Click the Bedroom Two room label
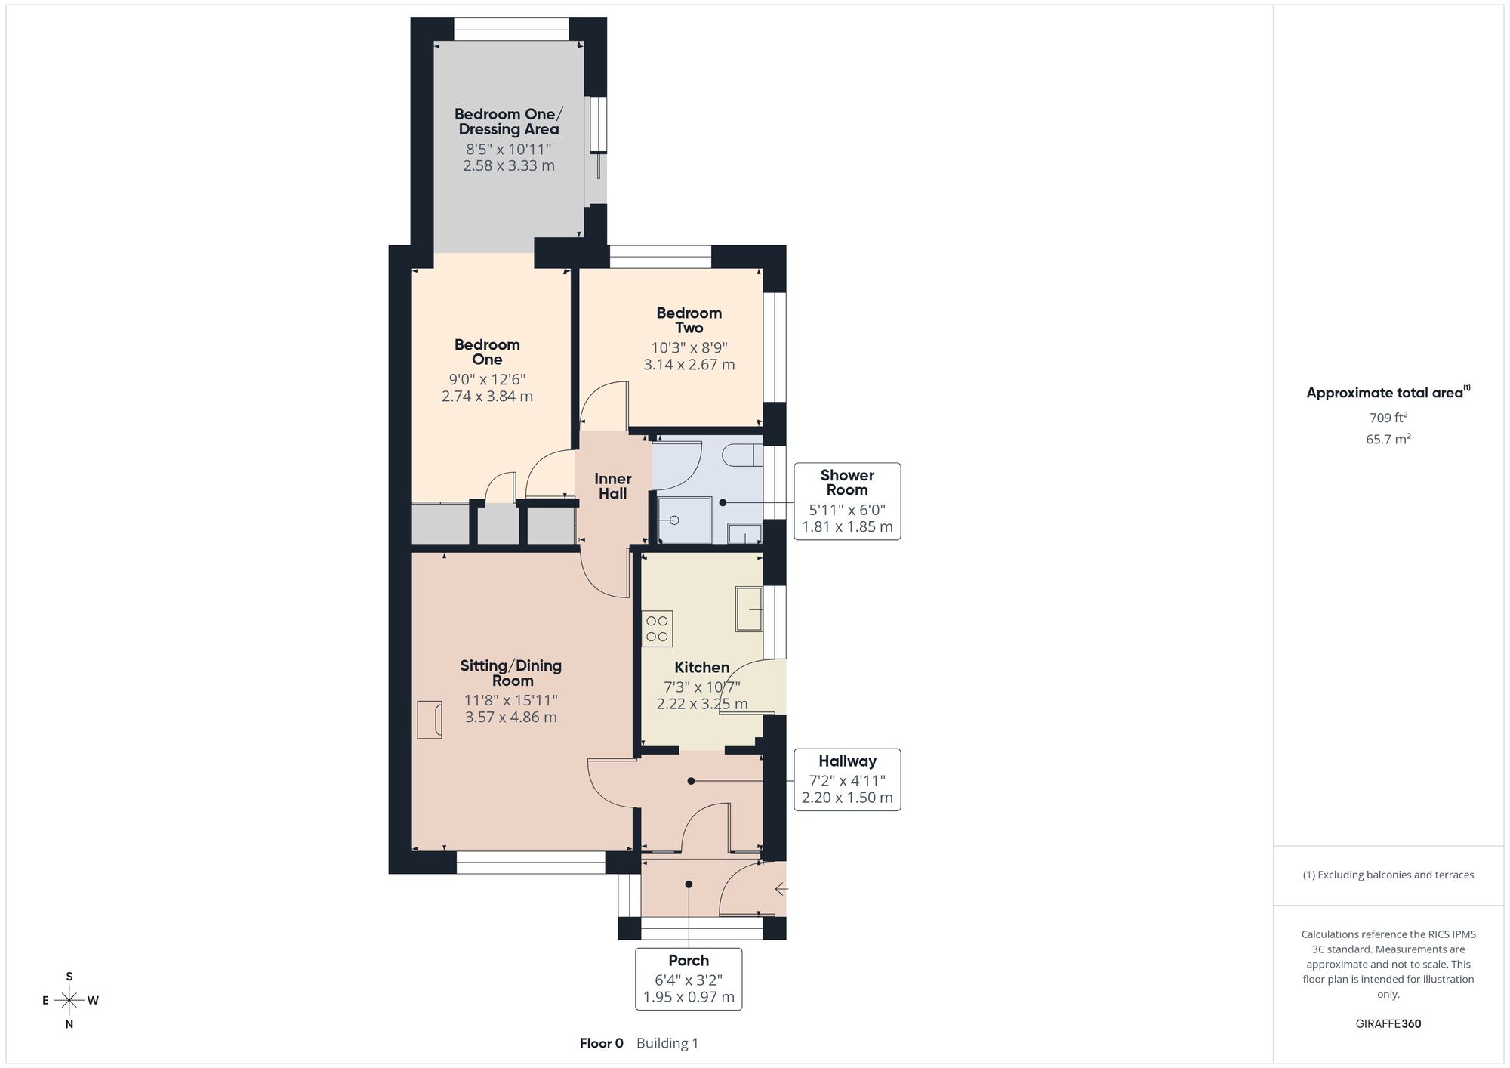click(x=689, y=320)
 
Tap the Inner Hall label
click(x=612, y=486)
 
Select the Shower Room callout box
click(x=847, y=501)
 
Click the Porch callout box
click(x=689, y=979)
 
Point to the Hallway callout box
click(x=847, y=779)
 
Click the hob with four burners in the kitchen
click(x=657, y=628)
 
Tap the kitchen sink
click(x=749, y=608)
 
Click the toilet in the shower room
click(x=742, y=455)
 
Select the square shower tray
click(x=684, y=520)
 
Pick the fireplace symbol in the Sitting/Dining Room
click(x=430, y=719)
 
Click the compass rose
click(x=69, y=1000)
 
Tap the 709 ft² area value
click(x=1388, y=417)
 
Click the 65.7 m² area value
click(x=1388, y=438)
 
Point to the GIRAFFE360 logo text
click(x=1388, y=1023)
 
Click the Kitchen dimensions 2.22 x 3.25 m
click(x=702, y=704)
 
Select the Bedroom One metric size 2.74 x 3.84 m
click(x=487, y=396)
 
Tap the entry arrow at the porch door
click(x=781, y=890)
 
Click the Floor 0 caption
click(x=602, y=1043)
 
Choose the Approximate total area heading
click(x=1388, y=392)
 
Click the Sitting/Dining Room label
click(x=511, y=672)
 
